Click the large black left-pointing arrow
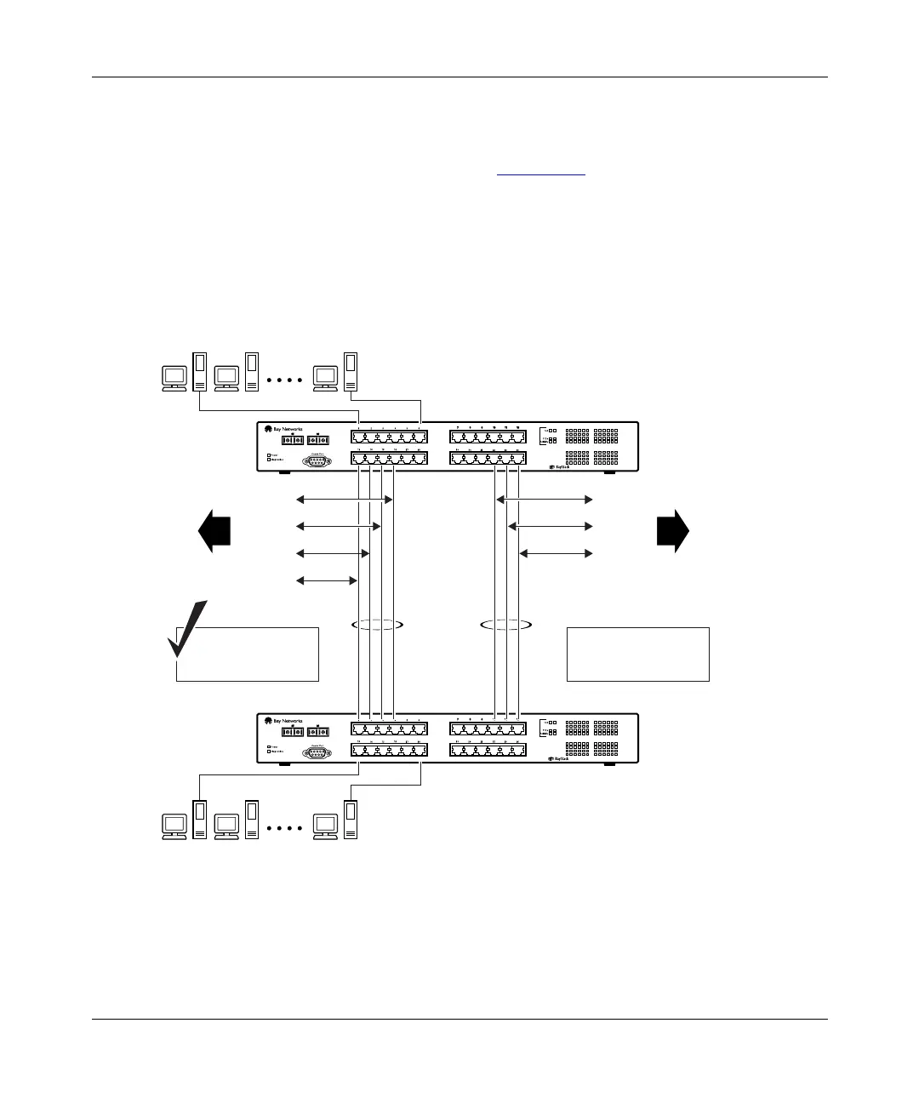pos(214,531)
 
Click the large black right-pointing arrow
pos(673,531)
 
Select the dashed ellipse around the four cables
pos(376,625)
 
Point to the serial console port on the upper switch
pos(317,460)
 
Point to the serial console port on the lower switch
pos(317,751)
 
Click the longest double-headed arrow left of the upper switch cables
pos(345,500)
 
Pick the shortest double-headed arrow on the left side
pos(327,581)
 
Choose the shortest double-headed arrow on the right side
pos(556,554)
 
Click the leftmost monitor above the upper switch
pos(174,376)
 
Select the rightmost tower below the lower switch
pos(350,819)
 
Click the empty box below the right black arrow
pos(637,654)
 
